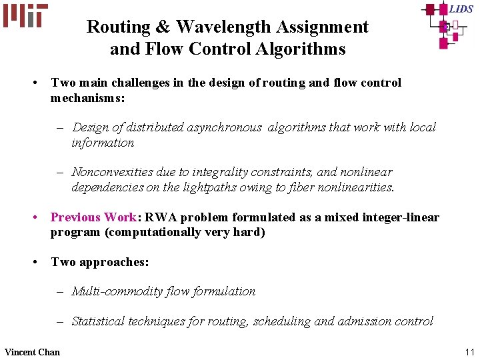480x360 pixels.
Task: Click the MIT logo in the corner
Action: coord(25,15)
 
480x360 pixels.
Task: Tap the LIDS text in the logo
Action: coord(461,9)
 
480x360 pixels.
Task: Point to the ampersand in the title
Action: coord(147,27)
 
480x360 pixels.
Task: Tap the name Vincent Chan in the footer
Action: coord(32,352)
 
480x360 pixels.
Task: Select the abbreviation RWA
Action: coord(160,217)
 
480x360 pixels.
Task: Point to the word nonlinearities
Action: coord(352,187)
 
